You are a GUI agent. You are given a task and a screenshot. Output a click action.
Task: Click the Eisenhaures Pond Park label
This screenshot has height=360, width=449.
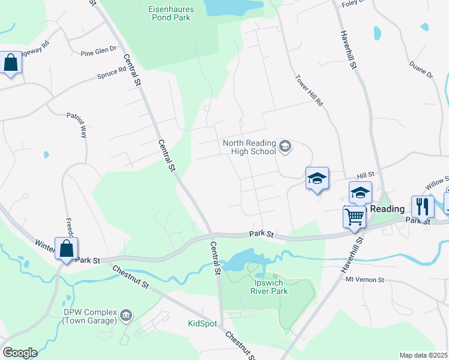pos(169,13)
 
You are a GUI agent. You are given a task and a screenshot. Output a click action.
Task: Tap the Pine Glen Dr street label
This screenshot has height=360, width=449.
pos(98,53)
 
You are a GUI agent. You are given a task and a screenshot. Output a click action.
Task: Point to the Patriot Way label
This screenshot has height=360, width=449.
pos(77,125)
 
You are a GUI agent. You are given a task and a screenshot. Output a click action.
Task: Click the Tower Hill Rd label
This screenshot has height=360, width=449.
pos(309,91)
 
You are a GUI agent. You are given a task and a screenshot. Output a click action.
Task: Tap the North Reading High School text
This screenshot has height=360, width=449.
pos(249,147)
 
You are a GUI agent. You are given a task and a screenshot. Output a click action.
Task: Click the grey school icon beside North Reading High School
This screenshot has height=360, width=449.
pos(285,146)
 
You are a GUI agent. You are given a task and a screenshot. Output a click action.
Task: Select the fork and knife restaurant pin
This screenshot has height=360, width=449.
pos(423,206)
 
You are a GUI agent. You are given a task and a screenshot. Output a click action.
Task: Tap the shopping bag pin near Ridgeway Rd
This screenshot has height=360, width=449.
pos(11,62)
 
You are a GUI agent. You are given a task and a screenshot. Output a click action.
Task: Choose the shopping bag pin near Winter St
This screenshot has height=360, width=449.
pos(66,248)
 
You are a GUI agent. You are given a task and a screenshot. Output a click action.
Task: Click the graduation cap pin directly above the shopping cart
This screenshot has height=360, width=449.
pos(360,192)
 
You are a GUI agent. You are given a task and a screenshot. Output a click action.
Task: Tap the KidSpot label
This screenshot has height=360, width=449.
pos(200,323)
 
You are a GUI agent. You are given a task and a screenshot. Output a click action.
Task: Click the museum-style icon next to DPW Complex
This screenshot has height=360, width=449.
pos(126,314)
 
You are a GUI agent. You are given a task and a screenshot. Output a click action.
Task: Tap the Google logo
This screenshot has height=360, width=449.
pos(19,353)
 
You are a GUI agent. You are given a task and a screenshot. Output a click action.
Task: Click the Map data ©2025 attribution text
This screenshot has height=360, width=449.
pos(423,355)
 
